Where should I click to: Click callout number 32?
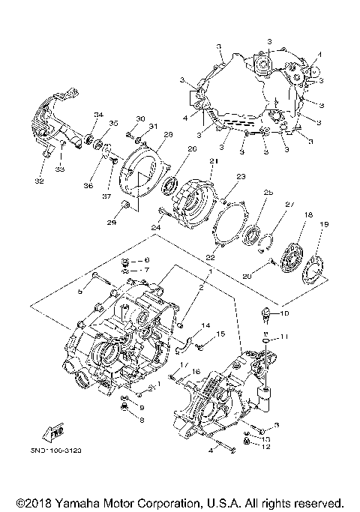click(40, 181)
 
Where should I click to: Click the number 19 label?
click(325, 223)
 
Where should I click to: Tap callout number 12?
click(265, 448)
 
